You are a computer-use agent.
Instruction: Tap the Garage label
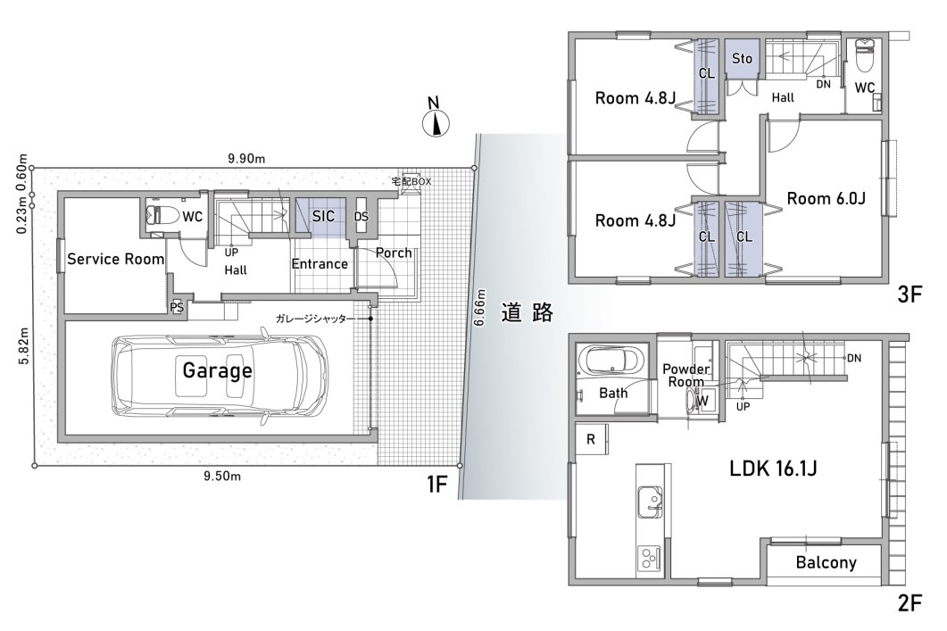(218, 369)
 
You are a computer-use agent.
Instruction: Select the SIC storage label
(323, 216)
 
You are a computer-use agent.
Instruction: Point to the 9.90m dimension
(246, 159)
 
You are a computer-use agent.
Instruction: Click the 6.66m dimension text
(480, 308)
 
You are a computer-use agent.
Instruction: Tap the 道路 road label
(527, 312)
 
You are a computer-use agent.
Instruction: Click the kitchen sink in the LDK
(650, 502)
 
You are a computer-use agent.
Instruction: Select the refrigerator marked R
(592, 439)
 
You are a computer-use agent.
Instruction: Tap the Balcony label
(826, 563)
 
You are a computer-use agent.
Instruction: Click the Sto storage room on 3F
(742, 59)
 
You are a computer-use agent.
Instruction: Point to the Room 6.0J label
(827, 198)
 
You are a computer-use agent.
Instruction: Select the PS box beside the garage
(177, 307)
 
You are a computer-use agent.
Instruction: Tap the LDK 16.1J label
(773, 468)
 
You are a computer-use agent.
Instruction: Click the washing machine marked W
(703, 401)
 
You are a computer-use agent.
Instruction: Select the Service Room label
(115, 259)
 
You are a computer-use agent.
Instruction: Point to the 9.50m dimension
(222, 477)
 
